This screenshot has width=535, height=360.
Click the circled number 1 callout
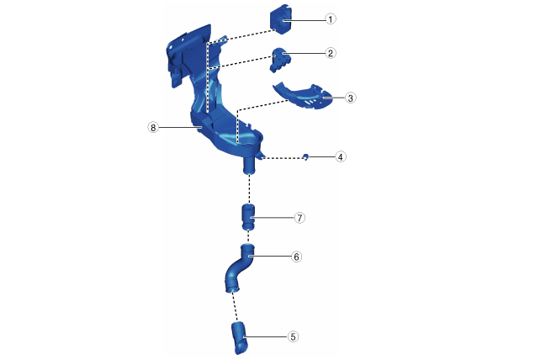click(330, 19)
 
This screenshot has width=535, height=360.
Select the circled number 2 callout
click(331, 53)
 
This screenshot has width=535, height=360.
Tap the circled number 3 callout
click(350, 98)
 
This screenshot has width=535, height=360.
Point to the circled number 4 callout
click(341, 157)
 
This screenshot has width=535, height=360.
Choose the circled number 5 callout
click(293, 336)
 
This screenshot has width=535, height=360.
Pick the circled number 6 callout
click(296, 257)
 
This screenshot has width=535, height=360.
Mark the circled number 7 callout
click(299, 218)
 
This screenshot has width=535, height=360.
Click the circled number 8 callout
click(153, 128)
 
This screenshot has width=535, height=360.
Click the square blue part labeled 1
click(281, 19)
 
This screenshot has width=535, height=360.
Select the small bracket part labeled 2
click(280, 60)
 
